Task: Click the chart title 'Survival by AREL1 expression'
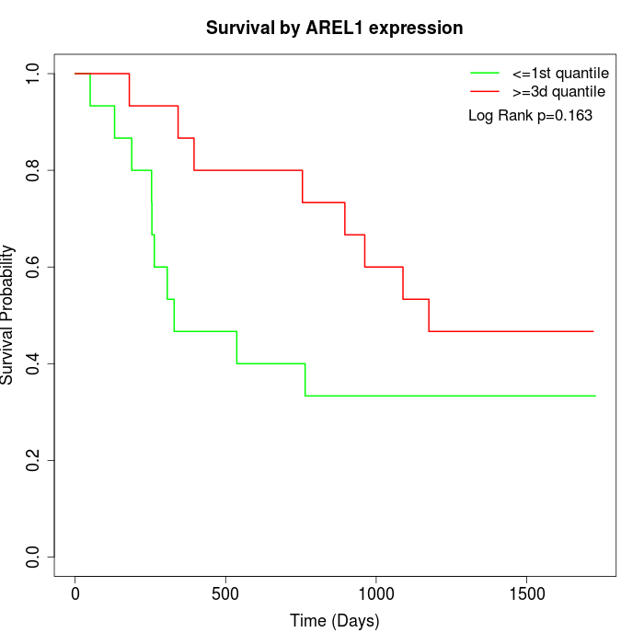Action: click(334, 28)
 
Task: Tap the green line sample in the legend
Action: click(485, 73)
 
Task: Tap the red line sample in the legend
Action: click(485, 92)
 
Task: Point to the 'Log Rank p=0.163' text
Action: click(530, 116)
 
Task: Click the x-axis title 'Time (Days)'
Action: click(334, 621)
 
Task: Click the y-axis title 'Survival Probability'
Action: click(8, 315)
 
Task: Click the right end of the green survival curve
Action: click(595, 396)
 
